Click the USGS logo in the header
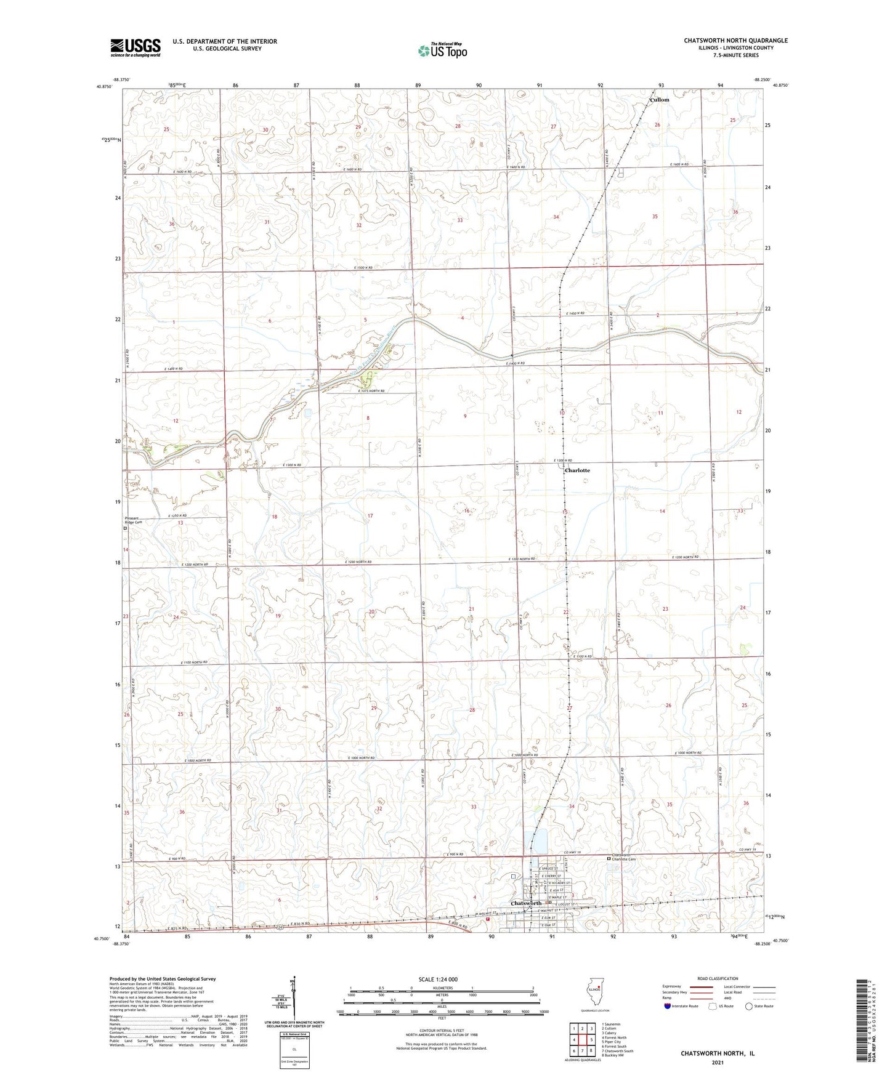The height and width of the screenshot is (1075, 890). tap(136, 47)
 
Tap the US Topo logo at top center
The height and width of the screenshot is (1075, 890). tap(442, 50)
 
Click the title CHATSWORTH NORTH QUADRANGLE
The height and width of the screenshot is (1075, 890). tap(735, 41)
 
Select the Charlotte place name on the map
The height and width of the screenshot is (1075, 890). tap(577, 470)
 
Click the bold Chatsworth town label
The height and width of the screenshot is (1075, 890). tap(526, 903)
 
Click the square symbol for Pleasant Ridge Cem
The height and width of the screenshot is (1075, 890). tap(125, 528)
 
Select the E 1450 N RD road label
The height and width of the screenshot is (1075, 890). tap(575, 313)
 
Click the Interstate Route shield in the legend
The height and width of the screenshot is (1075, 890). tap(668, 1006)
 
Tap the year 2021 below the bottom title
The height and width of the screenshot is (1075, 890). tap(717, 1062)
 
